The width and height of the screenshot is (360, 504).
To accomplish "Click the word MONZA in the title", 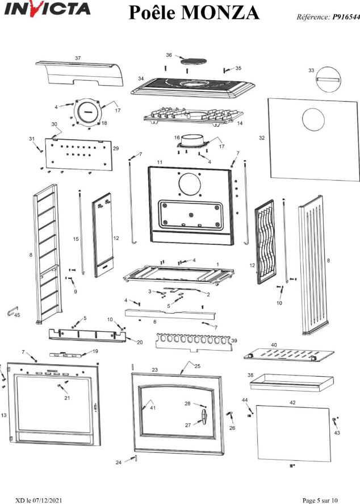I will (x=222, y=12).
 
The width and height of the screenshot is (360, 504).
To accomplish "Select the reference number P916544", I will (x=342, y=17).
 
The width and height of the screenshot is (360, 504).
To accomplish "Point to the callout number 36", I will (x=169, y=55).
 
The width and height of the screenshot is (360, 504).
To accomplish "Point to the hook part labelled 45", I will (x=11, y=311).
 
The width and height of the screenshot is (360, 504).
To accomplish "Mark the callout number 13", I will (x=4, y=415).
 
